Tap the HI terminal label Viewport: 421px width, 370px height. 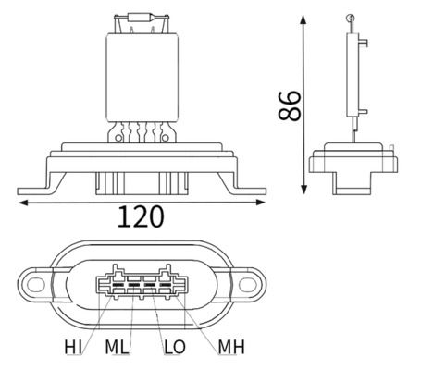(73, 348)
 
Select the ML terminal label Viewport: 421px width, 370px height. (118, 348)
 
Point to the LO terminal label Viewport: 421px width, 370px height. (174, 348)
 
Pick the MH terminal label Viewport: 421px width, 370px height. (230, 348)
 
